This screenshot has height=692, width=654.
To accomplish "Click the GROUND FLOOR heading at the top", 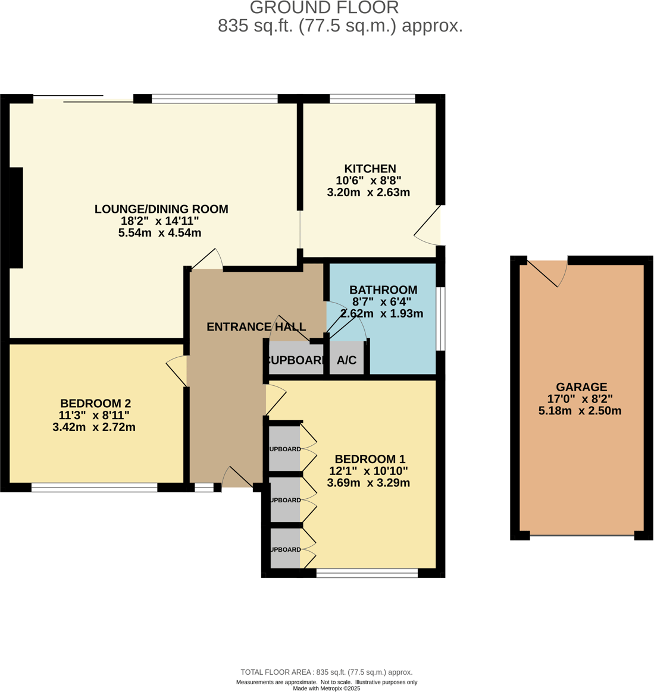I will click(x=324, y=8).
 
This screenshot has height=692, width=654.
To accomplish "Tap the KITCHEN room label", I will click(x=370, y=169).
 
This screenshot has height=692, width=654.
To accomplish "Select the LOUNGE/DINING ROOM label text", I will click(x=161, y=209).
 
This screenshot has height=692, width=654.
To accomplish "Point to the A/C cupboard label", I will click(x=346, y=360).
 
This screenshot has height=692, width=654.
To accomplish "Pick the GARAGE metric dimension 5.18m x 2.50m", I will click(x=580, y=411).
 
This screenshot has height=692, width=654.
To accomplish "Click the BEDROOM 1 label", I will click(x=370, y=459).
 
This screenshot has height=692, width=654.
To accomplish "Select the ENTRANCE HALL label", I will click(x=256, y=327).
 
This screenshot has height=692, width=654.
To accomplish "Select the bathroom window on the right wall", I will click(x=440, y=319).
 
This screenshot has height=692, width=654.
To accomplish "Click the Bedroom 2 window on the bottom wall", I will click(x=94, y=488).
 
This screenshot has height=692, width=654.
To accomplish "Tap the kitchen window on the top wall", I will click(x=372, y=99).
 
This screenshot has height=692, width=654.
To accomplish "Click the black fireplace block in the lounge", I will click(x=16, y=218).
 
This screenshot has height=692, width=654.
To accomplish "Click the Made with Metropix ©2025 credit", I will click(x=326, y=688).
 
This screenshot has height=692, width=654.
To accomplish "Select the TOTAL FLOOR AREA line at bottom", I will click(x=326, y=672).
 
